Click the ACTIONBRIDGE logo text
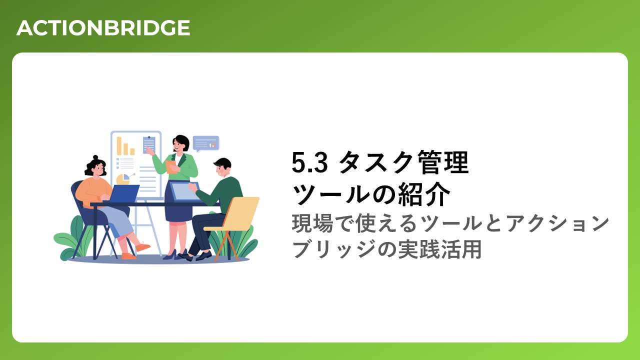pos(103,28)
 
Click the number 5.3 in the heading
pos(309,162)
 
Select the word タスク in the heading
pos(375,162)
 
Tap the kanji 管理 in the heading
pos(443,162)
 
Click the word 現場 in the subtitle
pos(312,223)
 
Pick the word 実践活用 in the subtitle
pos(440,249)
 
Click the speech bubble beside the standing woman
pos(206,143)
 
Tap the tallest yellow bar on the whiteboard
pos(119,146)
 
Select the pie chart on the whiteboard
pos(123,179)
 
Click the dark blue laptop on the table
pos(124,193)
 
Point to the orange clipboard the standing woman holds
pos(171,167)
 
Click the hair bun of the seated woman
pos(95,157)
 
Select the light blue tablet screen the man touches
pos(185,191)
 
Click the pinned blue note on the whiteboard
pos(149,144)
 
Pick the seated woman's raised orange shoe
pos(142,246)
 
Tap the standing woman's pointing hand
pos(148,150)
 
